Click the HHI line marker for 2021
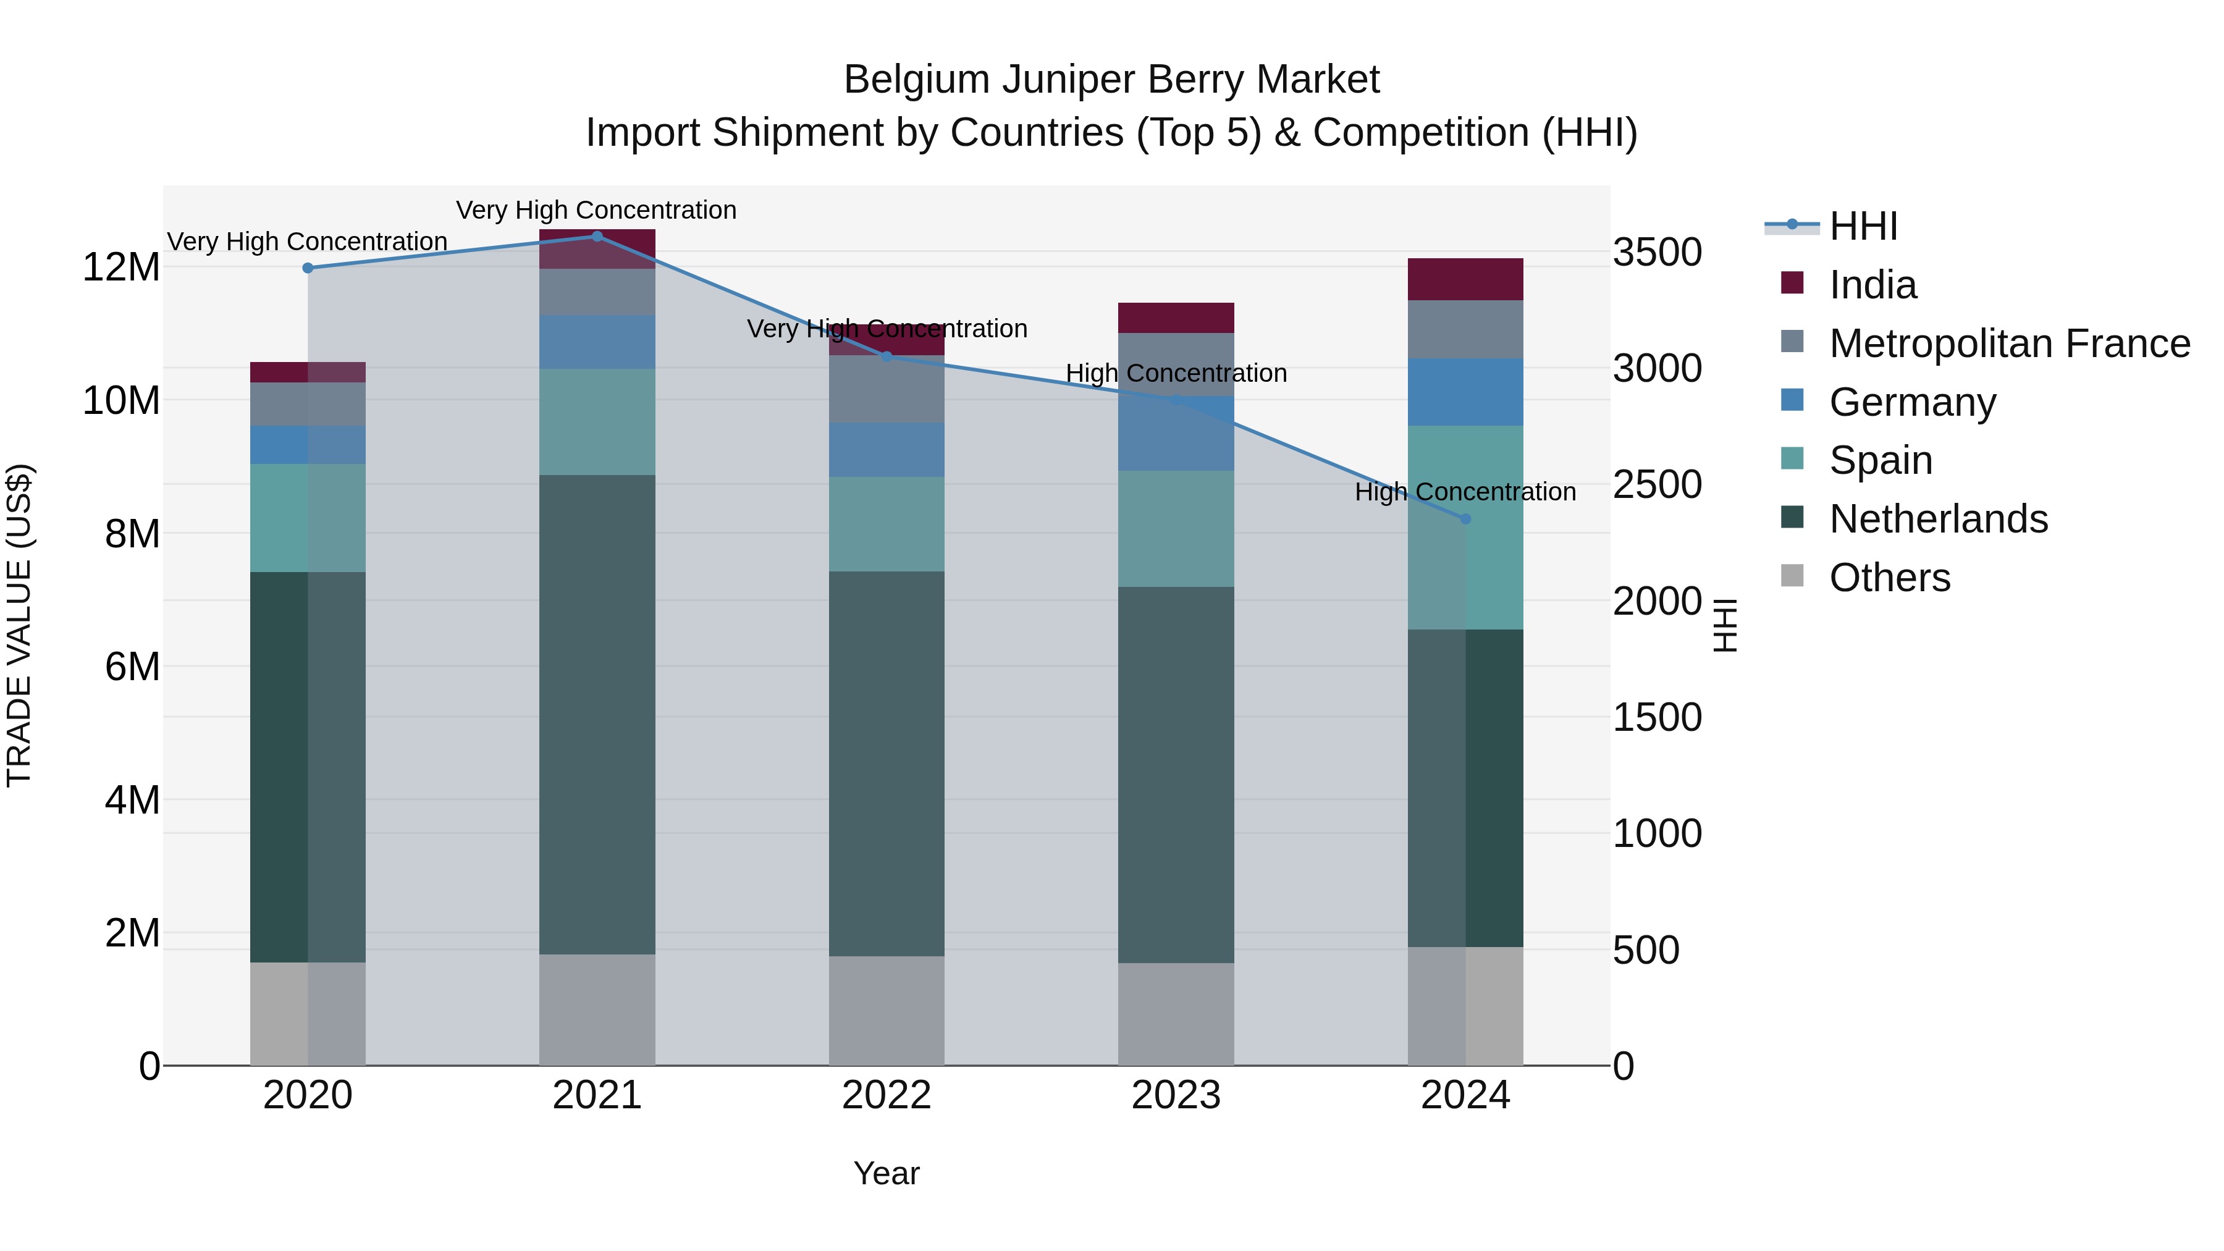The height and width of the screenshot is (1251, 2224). (597, 237)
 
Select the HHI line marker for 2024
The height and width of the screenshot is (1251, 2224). (1465, 519)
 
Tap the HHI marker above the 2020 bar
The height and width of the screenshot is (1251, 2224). (308, 269)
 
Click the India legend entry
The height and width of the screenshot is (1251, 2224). (1872, 285)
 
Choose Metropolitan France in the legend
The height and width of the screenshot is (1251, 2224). (2009, 343)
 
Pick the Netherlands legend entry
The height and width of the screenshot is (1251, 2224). (1938, 519)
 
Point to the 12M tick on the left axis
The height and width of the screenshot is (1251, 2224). (121, 267)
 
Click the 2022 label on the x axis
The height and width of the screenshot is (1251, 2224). (887, 1095)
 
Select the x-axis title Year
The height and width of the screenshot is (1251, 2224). (887, 1173)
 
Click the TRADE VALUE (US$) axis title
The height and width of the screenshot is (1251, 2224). (19, 625)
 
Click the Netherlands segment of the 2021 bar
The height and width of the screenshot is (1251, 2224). (597, 714)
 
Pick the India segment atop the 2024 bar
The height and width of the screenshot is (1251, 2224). (1465, 279)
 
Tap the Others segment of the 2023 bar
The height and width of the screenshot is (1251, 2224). (1176, 1014)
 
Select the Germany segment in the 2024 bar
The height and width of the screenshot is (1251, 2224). (1465, 392)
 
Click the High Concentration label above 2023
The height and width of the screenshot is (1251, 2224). (1176, 374)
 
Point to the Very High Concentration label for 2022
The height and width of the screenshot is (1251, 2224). (887, 329)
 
